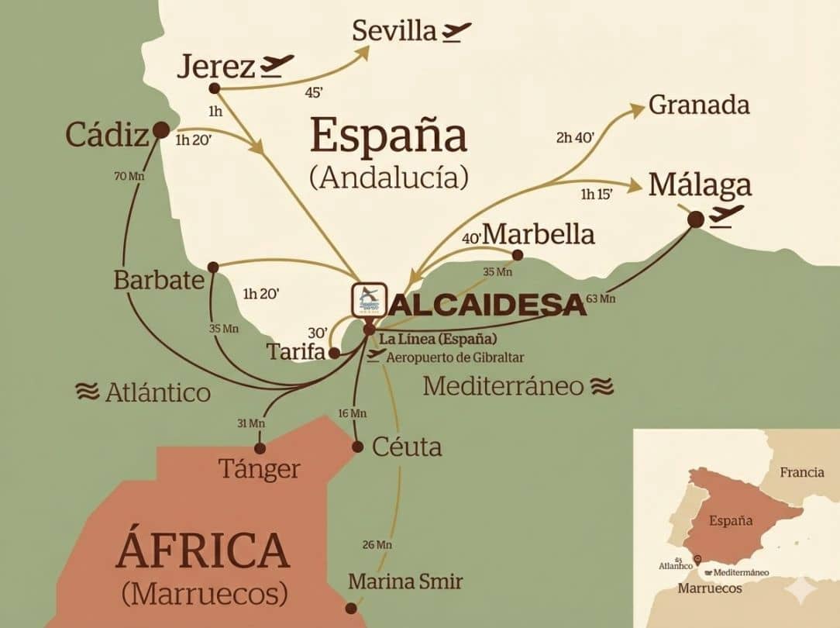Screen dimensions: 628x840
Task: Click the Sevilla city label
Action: coord(394,31)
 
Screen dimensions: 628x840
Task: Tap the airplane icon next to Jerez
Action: coord(277,66)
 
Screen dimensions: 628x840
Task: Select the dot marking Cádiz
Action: coord(161,130)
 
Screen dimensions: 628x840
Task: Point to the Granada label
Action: coord(699,105)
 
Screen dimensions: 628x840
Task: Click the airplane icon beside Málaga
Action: coord(726,214)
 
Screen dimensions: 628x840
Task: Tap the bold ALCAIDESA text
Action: coord(487,305)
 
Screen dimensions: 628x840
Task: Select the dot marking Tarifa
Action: coord(333,353)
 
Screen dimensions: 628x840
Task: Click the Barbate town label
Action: coord(158,280)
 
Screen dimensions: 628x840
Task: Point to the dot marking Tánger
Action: coord(260,448)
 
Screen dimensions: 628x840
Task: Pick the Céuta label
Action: coord(407,447)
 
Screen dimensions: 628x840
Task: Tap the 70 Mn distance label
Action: coord(129,176)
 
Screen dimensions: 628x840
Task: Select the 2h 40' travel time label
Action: coord(575,138)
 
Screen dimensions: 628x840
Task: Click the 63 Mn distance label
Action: coord(601,298)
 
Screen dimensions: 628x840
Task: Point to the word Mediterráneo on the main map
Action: coord(503,385)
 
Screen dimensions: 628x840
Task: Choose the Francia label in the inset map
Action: coord(801,472)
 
